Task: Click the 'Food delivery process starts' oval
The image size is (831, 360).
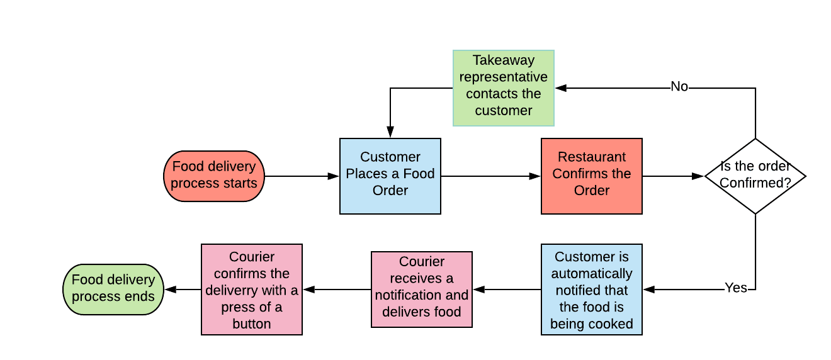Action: pyautogui.click(x=213, y=176)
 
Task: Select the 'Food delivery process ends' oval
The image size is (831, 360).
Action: pyautogui.click(x=113, y=289)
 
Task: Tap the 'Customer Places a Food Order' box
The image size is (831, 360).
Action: pyautogui.click(x=390, y=176)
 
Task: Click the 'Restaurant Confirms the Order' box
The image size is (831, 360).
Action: pyautogui.click(x=592, y=176)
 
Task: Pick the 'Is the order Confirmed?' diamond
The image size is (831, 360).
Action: pyautogui.click(x=755, y=176)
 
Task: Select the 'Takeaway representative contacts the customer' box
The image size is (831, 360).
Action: pyautogui.click(x=504, y=87)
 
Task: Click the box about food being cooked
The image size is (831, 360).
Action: pyautogui.click(x=592, y=290)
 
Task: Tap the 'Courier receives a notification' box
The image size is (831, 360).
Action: pyautogui.click(x=422, y=290)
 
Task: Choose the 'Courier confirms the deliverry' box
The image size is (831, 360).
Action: pyautogui.click(x=252, y=290)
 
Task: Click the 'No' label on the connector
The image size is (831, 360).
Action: pyautogui.click(x=679, y=87)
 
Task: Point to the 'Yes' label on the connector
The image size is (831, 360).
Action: pyautogui.click(x=735, y=288)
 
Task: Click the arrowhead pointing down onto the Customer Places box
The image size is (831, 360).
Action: pyautogui.click(x=390, y=132)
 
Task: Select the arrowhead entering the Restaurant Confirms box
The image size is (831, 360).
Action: pyautogui.click(x=535, y=176)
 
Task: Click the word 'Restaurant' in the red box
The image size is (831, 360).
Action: pyautogui.click(x=592, y=157)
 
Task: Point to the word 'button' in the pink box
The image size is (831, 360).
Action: pyautogui.click(x=252, y=324)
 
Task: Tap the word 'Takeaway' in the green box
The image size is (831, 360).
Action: pyautogui.click(x=504, y=60)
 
